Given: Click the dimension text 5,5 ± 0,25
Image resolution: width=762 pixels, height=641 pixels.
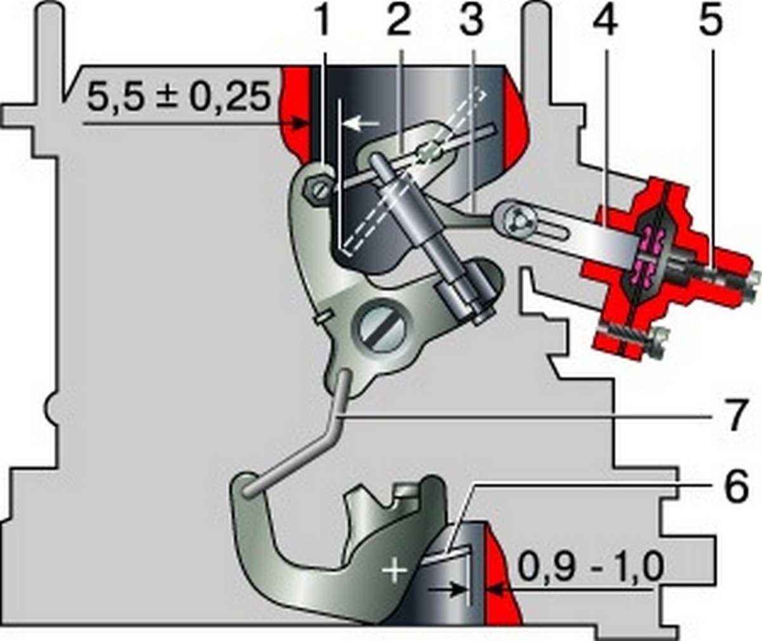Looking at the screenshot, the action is pos(179,98).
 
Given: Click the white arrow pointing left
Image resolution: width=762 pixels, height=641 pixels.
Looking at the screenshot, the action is pos(362,124).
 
